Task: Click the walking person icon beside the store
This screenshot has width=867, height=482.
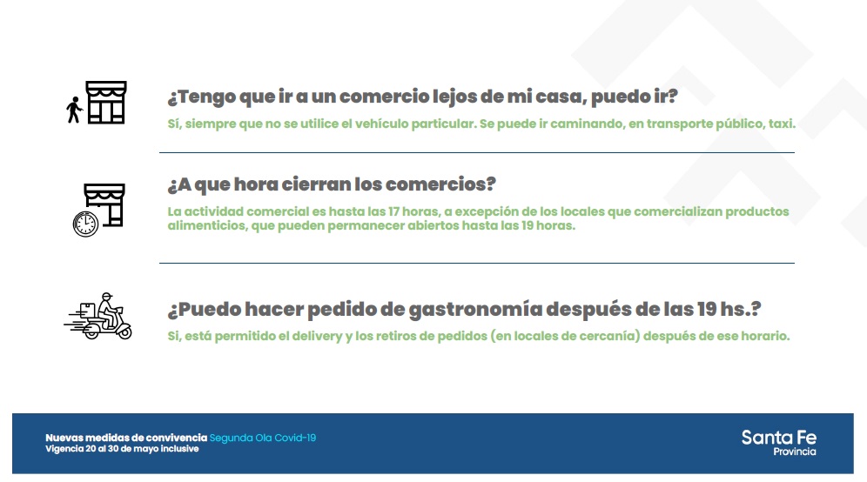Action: point(74,110)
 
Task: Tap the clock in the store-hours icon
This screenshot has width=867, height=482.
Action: point(85,224)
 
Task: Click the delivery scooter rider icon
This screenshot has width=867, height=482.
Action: point(97,316)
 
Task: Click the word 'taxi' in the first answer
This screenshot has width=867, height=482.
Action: point(781,124)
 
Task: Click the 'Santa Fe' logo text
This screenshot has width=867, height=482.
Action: point(778,438)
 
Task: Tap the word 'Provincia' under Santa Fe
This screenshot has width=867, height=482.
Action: point(795,452)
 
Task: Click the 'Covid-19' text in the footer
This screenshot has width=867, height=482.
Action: point(295,438)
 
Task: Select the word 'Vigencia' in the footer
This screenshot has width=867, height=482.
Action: point(64,449)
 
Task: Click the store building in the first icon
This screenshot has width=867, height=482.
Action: point(105,103)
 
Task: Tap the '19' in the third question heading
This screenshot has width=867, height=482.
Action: point(706,309)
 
